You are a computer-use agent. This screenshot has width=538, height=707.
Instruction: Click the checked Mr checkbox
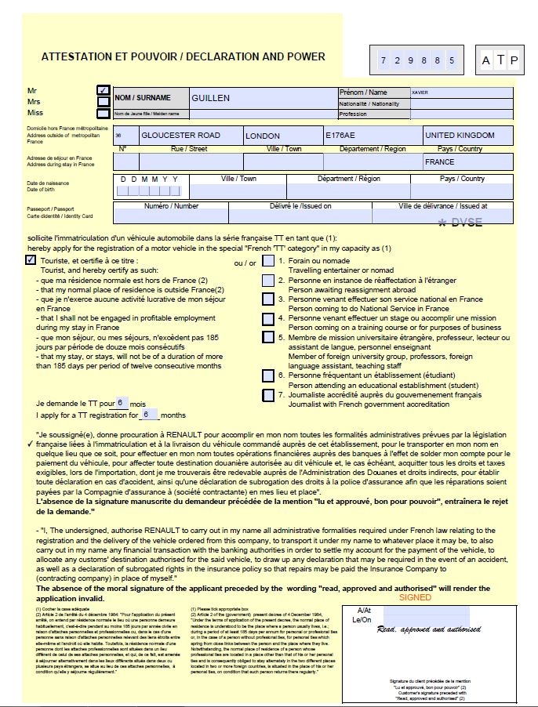pyautogui.click(x=103, y=90)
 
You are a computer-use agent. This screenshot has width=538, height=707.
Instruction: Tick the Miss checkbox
pyautogui.click(x=103, y=114)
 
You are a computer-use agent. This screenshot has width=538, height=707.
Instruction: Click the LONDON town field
pyautogui.click(x=282, y=135)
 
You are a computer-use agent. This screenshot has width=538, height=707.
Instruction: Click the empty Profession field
pyautogui.click(x=463, y=114)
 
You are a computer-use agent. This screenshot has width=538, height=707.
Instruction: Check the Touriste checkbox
pyautogui.click(x=31, y=260)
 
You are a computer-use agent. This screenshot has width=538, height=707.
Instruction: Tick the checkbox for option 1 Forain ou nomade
pyautogui.click(x=268, y=261)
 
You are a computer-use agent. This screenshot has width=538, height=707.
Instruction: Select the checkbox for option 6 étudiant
pyautogui.click(x=268, y=375)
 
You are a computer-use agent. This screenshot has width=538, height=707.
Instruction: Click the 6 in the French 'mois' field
pyautogui.click(x=120, y=402)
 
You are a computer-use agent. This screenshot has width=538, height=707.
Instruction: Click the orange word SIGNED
pyautogui.click(x=415, y=596)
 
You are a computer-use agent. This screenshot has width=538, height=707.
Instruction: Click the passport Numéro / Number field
pyautogui.click(x=171, y=216)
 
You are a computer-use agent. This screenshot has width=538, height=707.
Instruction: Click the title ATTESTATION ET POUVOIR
pyautogui.click(x=183, y=56)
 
